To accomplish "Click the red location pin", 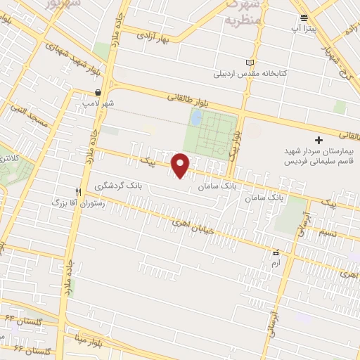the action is [181, 165].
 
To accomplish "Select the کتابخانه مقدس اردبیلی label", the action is [250, 73].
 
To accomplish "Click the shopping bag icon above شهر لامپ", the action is [100, 91].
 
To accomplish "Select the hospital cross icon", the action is [319, 141].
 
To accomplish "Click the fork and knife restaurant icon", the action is [79, 191].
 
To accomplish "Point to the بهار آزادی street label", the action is [154, 35].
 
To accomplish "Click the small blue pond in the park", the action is [197, 116].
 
